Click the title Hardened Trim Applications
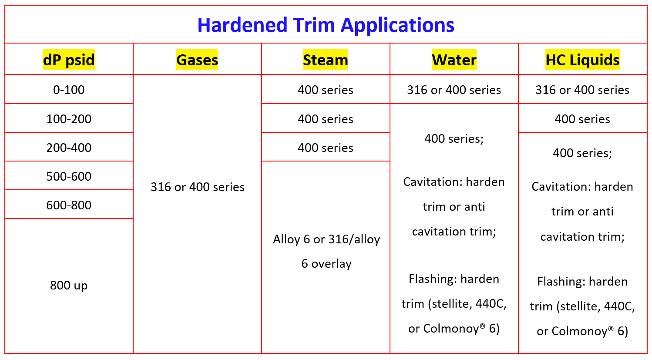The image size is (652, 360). [326, 25]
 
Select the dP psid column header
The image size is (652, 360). [69, 60]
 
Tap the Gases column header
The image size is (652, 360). [197, 60]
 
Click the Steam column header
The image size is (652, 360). [326, 60]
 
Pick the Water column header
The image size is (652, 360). [454, 60]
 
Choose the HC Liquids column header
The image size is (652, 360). [582, 60]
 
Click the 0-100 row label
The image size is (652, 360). [69, 90]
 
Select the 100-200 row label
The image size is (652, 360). [69, 119]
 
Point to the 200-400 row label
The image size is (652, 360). [69, 148]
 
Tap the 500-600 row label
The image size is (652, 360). [69, 176]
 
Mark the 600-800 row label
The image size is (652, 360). [69, 205]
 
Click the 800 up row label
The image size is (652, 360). [69, 285]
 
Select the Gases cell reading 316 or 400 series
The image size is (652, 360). [197, 187]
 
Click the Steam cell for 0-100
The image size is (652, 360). [326, 90]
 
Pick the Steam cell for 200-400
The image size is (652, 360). [326, 148]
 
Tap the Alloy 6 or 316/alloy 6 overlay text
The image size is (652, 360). [326, 252]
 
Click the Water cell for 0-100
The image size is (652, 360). [454, 90]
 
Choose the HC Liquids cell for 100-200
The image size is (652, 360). [582, 119]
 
